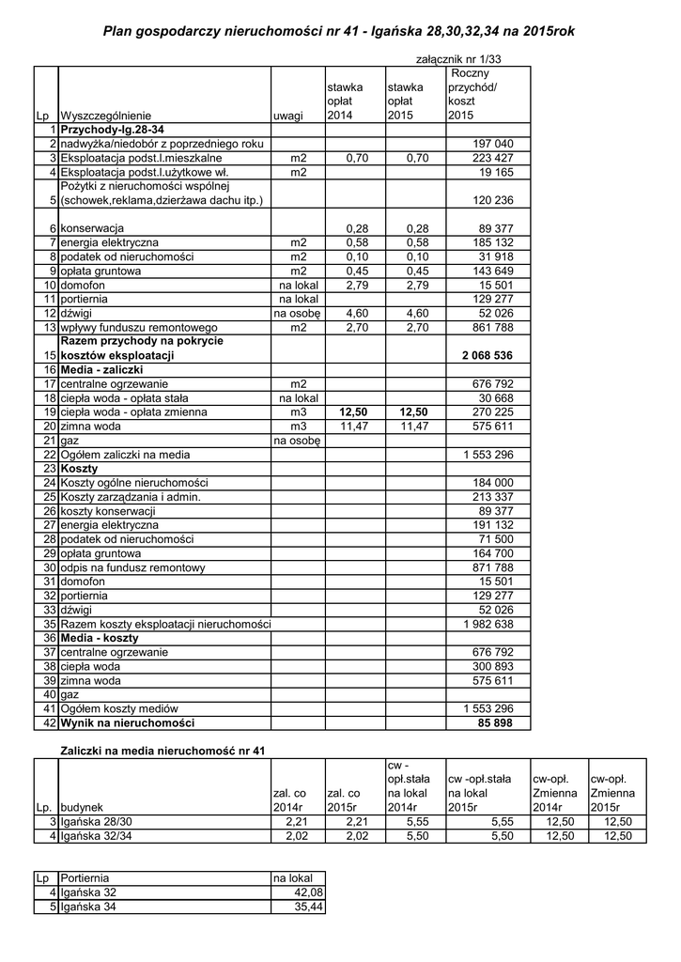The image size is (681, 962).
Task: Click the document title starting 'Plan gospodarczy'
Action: pos(338,32)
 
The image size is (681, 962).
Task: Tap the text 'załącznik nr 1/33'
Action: pos(459,59)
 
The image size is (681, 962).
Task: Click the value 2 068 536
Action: pos(488,356)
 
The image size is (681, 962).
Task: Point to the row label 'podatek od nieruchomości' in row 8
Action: pos(127,256)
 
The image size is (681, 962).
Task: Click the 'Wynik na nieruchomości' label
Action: pos(127,723)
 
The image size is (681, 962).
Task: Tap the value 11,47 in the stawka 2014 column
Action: pos(352,426)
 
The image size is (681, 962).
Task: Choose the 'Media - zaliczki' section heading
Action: pos(101,370)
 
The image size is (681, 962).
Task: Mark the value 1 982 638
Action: pos(488,625)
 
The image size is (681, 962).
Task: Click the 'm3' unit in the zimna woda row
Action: pos(299,426)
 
